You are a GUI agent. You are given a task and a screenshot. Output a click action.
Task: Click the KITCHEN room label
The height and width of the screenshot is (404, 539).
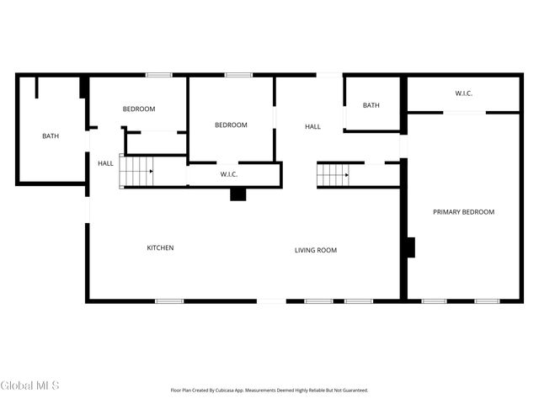click(160, 247)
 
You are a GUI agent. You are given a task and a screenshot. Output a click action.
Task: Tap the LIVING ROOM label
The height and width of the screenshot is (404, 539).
click(316, 250)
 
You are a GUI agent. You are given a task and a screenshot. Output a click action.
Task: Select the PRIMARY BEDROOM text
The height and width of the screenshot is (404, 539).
click(463, 212)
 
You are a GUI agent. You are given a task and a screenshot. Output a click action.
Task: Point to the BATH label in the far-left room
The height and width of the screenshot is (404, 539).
click(51, 136)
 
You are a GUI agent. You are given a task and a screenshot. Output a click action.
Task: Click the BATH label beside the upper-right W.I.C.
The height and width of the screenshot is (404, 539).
click(371, 105)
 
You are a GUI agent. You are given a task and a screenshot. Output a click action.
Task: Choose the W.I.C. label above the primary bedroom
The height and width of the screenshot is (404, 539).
click(463, 93)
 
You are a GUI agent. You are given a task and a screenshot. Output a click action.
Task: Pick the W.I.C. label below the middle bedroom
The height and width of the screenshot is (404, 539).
click(229, 174)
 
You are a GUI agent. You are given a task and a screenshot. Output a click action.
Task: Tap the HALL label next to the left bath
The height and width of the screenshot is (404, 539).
click(105, 163)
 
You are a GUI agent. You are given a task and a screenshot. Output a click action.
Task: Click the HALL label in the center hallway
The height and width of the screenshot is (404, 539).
click(312, 126)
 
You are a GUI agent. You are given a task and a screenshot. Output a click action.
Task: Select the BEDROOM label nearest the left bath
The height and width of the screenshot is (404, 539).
click(139, 109)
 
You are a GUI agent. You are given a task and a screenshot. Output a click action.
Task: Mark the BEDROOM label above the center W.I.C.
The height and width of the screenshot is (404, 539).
click(231, 125)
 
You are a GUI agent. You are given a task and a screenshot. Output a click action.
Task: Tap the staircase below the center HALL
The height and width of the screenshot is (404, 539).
click(333, 175)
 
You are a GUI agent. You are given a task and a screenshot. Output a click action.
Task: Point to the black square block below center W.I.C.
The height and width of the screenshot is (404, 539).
click(238, 194)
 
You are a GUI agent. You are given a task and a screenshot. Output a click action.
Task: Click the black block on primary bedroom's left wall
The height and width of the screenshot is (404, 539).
click(411, 247)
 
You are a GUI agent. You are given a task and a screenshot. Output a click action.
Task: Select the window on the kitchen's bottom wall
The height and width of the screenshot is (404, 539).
click(169, 300)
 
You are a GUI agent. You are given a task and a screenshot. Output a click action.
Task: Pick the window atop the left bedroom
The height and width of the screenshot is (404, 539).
click(159, 75)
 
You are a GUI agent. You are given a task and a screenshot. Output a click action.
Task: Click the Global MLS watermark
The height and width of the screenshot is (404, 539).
click(29, 385)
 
